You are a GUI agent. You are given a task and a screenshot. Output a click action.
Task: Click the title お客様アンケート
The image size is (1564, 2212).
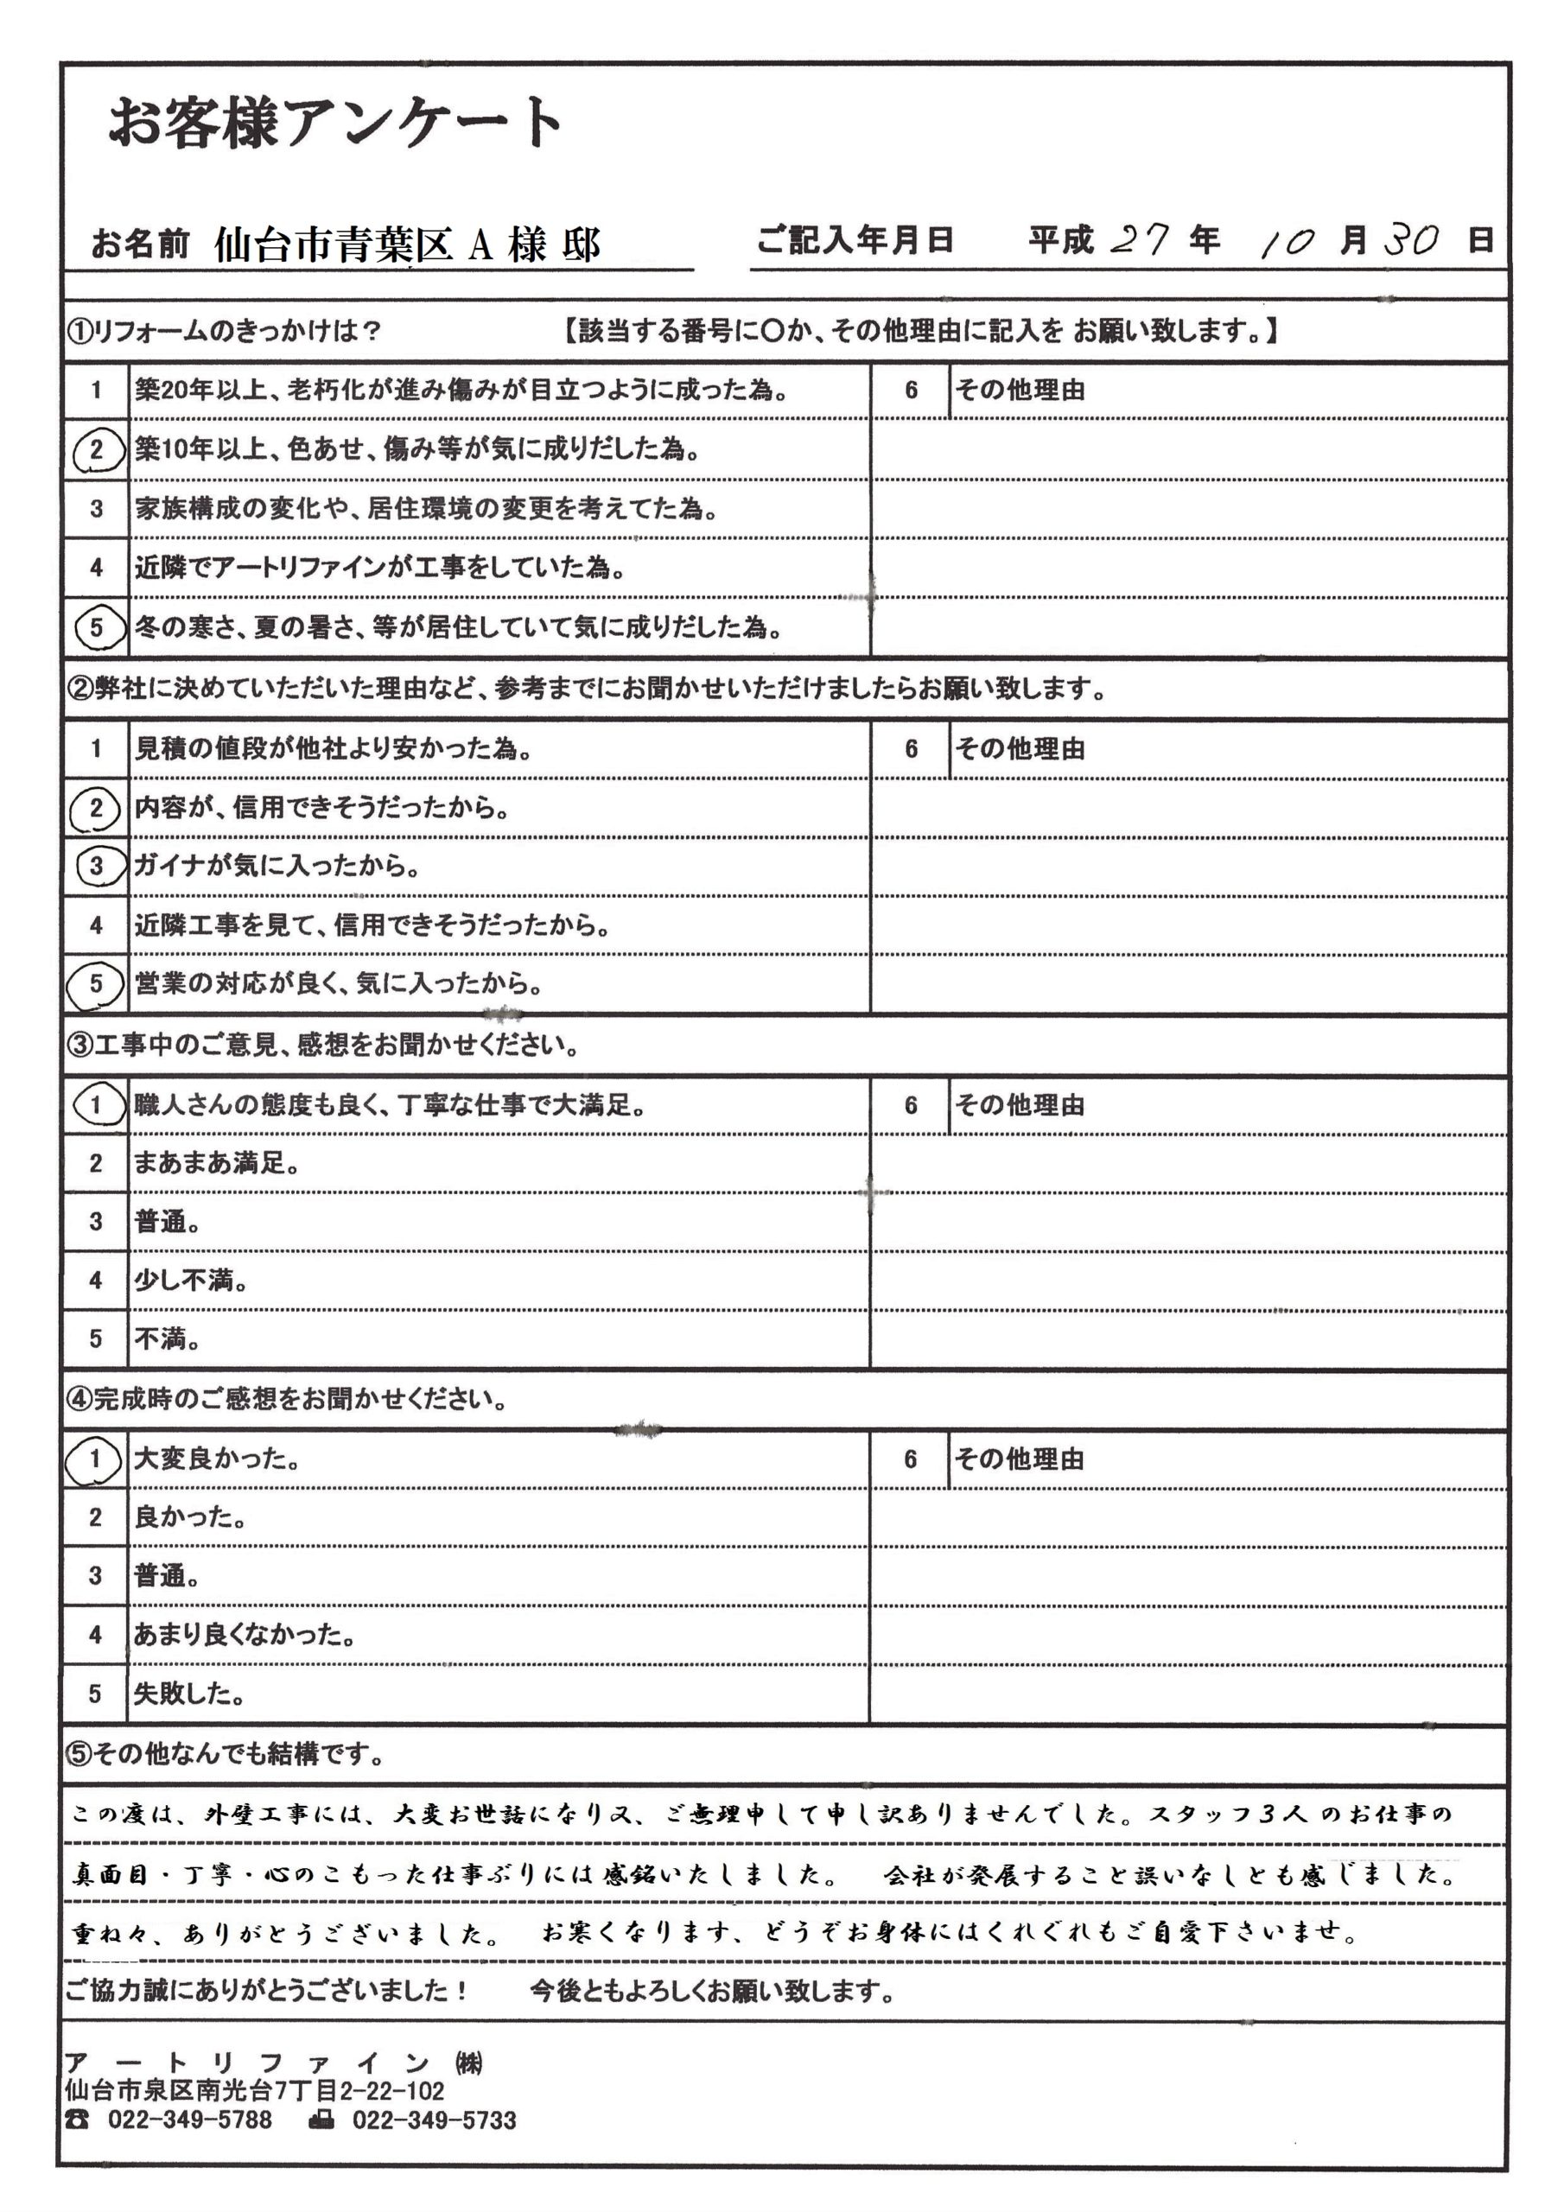point(335,124)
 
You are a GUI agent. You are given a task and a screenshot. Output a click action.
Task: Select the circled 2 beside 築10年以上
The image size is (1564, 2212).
point(97,450)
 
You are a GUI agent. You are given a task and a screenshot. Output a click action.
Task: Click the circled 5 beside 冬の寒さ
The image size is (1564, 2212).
point(97,628)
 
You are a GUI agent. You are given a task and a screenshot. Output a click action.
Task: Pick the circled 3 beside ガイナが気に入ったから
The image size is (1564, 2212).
point(97,866)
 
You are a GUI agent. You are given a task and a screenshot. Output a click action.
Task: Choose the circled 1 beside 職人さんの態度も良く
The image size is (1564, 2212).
point(97,1104)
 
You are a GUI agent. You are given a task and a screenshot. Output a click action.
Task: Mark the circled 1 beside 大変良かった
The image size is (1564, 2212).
point(94,1459)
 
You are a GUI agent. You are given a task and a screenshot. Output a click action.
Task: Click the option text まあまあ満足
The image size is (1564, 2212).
point(216,1164)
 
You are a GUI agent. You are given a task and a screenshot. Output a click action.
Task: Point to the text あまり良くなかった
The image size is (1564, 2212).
point(244,1635)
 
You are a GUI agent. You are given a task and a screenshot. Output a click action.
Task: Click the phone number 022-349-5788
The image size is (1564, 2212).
point(190,2120)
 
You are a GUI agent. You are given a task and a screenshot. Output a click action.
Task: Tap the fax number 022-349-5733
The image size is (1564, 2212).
point(434,2120)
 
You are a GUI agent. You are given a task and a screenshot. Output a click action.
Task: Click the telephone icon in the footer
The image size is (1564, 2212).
point(77,2120)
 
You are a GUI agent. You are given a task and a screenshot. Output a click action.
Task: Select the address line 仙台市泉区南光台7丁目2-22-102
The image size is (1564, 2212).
point(254,2092)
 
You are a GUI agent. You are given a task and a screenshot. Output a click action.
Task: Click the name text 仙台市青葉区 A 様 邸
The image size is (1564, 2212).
point(407,245)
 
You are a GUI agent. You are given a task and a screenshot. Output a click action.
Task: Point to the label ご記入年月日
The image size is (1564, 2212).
point(855,239)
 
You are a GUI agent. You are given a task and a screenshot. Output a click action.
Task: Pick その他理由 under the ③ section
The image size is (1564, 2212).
point(1020,1105)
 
